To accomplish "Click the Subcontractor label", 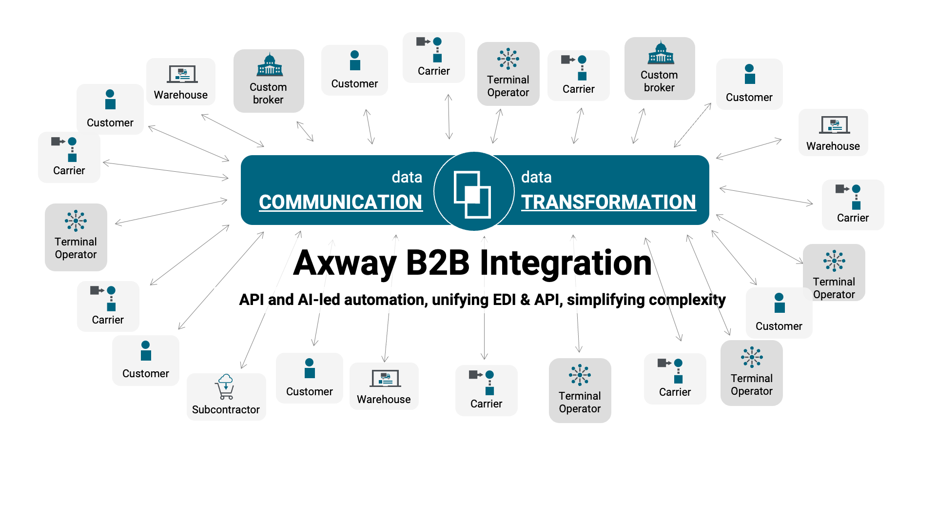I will click(226, 409).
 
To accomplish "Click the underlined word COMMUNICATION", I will click(340, 202).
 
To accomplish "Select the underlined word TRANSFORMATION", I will click(608, 202).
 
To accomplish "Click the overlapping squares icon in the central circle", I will click(472, 194).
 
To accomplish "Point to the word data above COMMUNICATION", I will click(407, 177).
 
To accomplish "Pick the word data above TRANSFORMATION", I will click(536, 177).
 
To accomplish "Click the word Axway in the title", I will click(344, 263).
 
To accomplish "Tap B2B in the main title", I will click(437, 263).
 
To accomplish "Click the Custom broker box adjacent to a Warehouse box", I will click(269, 81).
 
